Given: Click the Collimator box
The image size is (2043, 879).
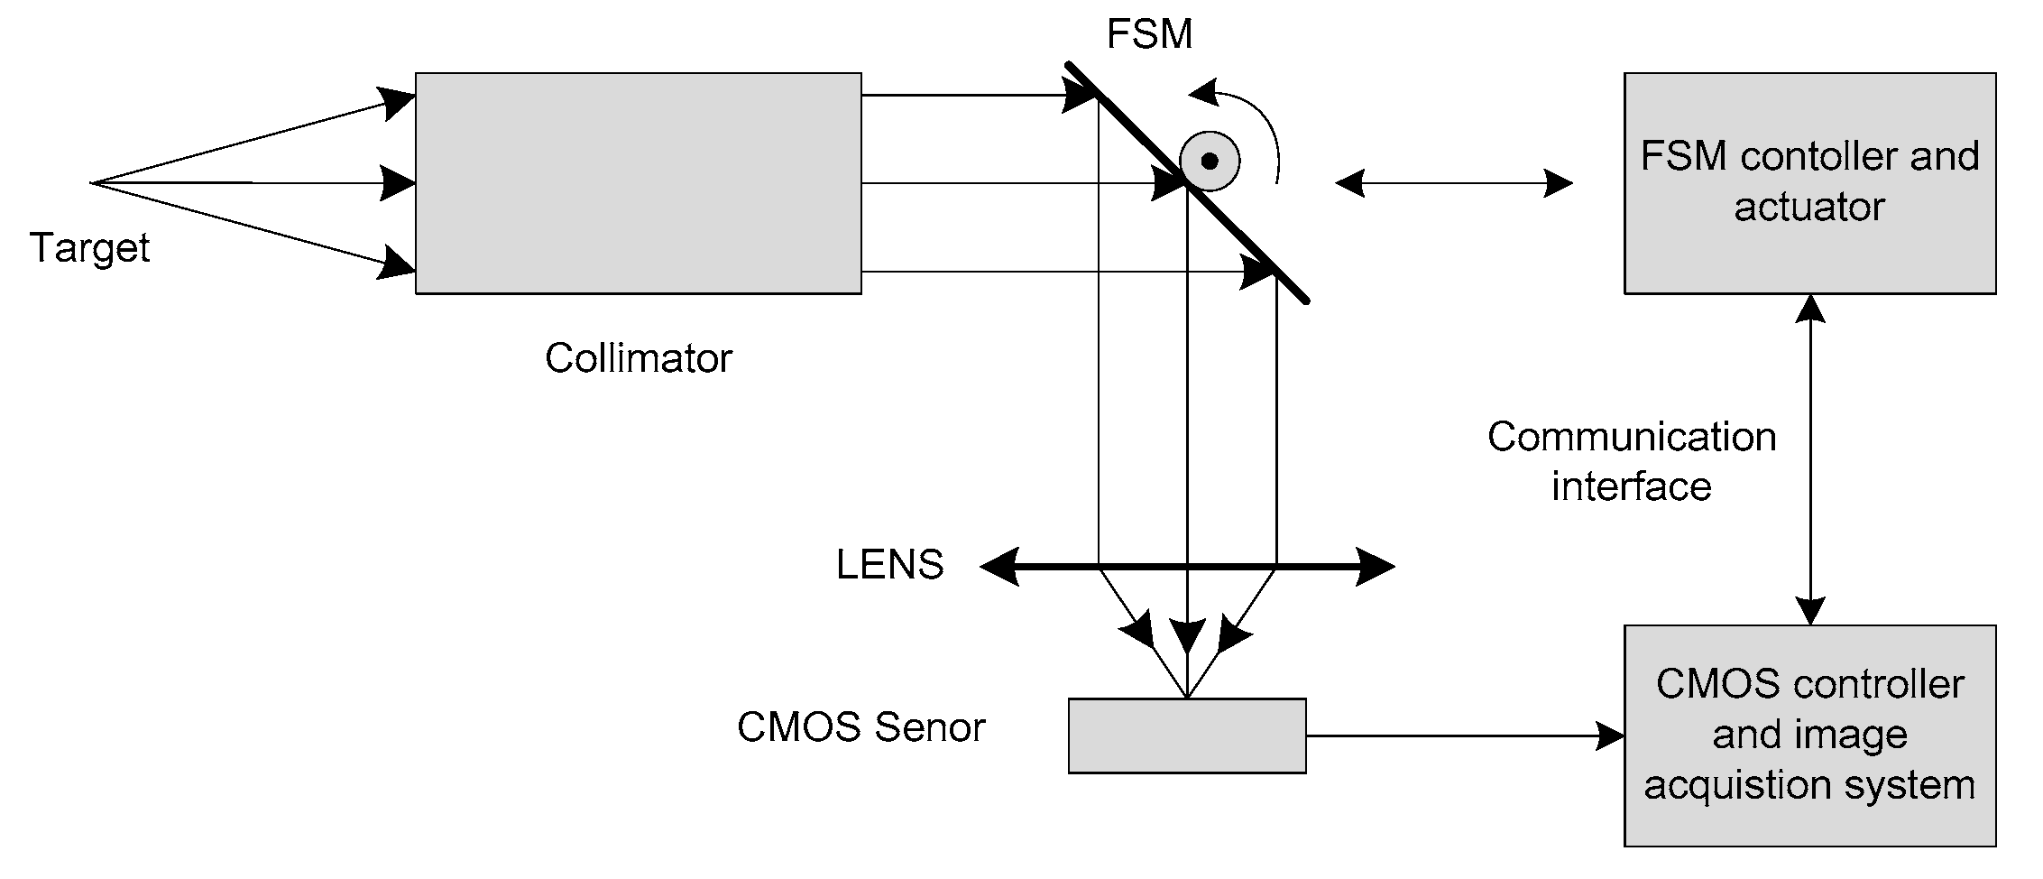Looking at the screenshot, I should (x=638, y=183).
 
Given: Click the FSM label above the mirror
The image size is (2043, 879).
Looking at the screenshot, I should (x=1149, y=35).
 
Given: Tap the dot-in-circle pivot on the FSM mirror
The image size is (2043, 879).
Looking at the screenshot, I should (x=1210, y=162).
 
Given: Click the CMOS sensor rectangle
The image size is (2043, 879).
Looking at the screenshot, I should (x=1186, y=736).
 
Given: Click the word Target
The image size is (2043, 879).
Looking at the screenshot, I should (x=89, y=247).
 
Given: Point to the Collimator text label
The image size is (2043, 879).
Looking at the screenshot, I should (x=638, y=358).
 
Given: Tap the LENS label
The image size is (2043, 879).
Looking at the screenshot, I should (x=889, y=565).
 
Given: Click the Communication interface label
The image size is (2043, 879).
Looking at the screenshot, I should (x=1631, y=461).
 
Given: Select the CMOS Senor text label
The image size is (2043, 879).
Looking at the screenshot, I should (x=860, y=727).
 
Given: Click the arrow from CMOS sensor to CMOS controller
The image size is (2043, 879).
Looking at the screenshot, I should (x=1461, y=736).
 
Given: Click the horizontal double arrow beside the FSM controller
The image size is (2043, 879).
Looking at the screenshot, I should (x=1453, y=183).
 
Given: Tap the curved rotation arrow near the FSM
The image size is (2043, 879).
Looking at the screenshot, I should (x=1258, y=117).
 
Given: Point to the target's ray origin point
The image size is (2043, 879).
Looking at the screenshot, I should (x=92, y=183).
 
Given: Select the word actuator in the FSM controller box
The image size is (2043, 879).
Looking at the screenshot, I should (x=1809, y=208).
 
